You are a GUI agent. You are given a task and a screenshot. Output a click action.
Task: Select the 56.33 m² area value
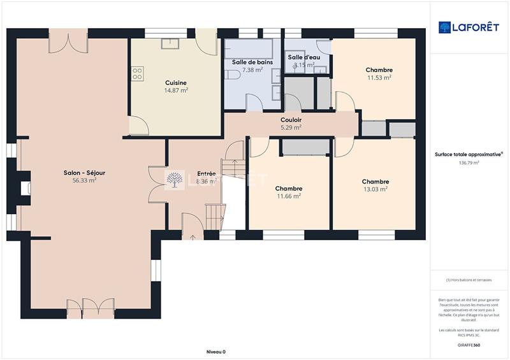click(84, 180)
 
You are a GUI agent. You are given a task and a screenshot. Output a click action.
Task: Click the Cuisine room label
click(175, 82)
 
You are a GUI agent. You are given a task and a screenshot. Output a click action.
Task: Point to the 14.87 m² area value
click(176, 90)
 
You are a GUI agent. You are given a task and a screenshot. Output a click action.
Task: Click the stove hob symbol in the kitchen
click(136, 74)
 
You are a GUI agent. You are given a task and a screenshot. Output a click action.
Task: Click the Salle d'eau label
click(303, 57)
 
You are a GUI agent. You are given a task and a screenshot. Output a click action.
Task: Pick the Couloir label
click(291, 119)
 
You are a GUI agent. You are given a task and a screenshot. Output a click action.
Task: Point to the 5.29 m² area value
click(291, 127)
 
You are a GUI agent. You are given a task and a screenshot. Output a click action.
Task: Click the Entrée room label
click(206, 173)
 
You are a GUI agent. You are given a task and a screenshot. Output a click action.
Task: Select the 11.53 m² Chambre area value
click(379, 78)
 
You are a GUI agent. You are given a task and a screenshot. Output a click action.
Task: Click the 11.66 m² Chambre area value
click(288, 196)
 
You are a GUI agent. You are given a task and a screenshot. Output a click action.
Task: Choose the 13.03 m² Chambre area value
click(375, 189)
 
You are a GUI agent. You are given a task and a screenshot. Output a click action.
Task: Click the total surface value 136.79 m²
click(469, 162)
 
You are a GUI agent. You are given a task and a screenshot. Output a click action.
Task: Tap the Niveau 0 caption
click(215, 352)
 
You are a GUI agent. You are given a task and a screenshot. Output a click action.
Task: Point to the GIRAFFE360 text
click(469, 345)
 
